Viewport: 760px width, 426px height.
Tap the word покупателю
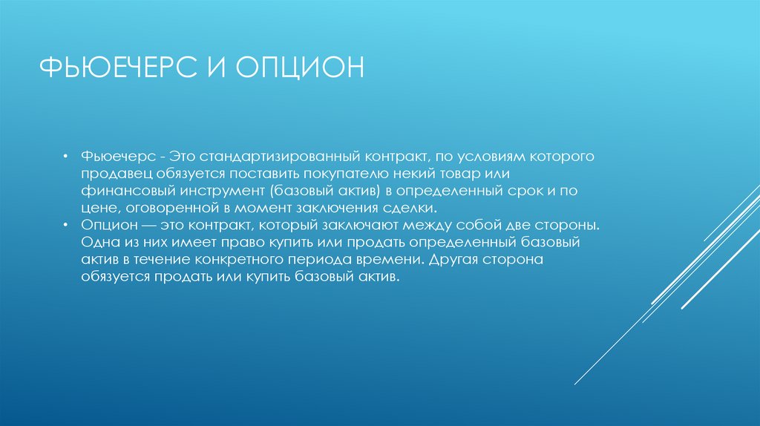[351, 174]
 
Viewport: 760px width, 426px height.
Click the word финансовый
[118, 191]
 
